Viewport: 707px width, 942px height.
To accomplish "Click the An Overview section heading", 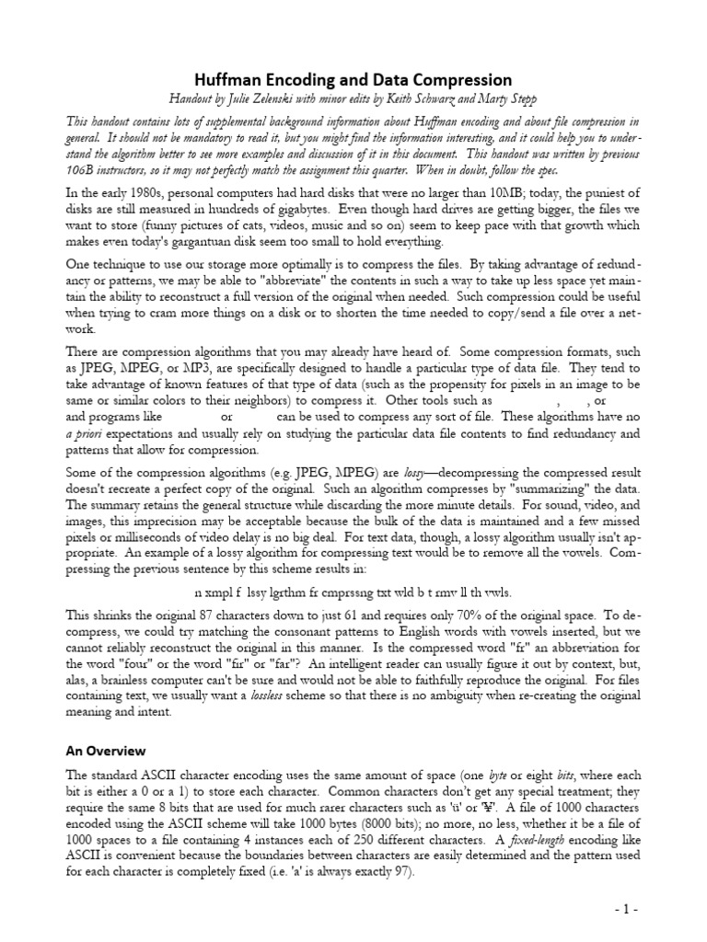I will [x=105, y=752].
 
